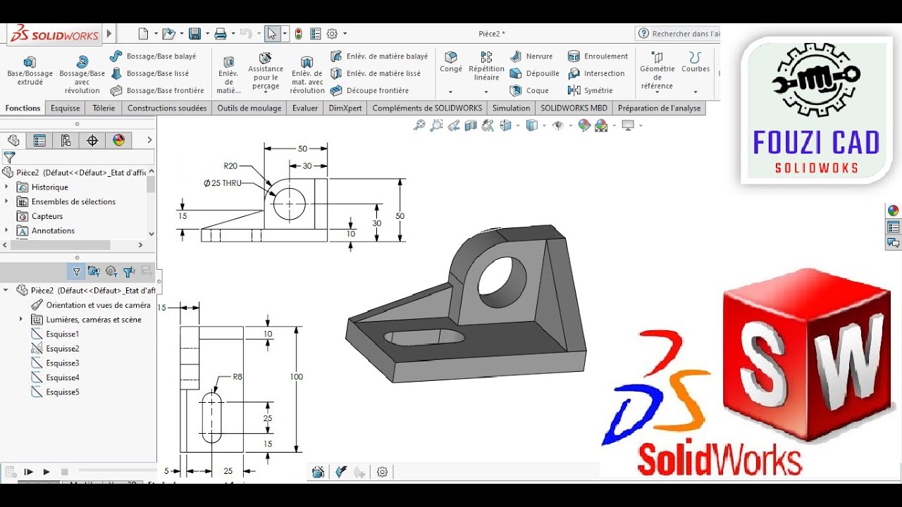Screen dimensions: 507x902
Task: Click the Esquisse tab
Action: tap(66, 108)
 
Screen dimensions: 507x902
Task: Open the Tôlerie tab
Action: tap(104, 108)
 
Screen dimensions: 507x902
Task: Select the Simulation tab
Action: tap(511, 108)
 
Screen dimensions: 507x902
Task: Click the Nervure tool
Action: tap(539, 56)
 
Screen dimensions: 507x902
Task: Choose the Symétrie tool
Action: tap(598, 90)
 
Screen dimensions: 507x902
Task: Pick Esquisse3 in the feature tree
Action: tap(63, 363)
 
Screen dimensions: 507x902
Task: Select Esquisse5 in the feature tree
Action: tap(63, 392)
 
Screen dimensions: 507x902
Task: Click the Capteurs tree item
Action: tap(47, 216)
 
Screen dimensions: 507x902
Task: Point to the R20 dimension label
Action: tap(230, 166)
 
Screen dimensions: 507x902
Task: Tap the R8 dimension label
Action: tap(237, 377)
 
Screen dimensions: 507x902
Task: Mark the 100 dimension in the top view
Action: tap(297, 377)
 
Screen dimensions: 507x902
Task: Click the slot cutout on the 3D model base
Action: tap(424, 337)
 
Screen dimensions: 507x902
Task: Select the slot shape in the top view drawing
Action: tap(212, 418)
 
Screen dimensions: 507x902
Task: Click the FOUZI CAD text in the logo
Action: tap(816, 143)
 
